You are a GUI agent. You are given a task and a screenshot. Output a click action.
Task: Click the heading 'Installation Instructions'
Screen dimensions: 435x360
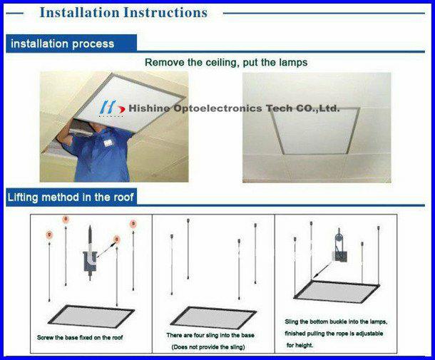[123, 13]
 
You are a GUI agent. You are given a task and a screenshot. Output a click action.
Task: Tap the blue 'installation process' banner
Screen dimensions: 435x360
[71, 43]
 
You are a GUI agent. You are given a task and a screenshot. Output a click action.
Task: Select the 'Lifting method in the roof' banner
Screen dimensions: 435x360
[71, 197]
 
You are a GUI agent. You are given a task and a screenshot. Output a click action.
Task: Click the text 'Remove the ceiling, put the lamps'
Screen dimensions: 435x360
[226, 63]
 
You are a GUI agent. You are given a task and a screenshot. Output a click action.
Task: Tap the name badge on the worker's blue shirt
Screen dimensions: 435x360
[108, 143]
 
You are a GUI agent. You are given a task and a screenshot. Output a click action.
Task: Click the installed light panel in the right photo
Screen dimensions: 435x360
[315, 130]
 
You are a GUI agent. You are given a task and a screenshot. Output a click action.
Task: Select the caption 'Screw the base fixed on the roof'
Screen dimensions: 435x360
[80, 337]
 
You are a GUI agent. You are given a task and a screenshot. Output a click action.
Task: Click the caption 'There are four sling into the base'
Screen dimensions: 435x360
[210, 335]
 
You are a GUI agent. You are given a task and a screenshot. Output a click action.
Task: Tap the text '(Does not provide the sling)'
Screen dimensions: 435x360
[208, 347]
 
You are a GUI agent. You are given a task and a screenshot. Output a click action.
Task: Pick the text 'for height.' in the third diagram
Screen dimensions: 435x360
[300, 345]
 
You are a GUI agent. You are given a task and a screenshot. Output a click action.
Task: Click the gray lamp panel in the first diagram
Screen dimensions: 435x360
[91, 317]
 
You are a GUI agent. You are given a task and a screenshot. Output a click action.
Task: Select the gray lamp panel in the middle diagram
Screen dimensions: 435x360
[213, 318]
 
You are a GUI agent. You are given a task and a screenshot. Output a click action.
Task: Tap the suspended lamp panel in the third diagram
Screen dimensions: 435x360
[337, 292]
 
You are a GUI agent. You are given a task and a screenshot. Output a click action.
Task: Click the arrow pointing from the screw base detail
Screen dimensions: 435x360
[106, 250]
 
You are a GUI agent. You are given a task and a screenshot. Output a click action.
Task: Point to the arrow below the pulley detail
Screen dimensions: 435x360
[323, 269]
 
